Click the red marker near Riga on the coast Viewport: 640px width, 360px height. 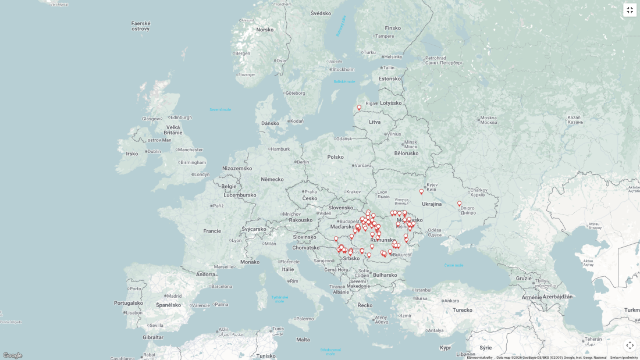coord(359,108)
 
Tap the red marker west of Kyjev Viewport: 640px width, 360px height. coord(422,191)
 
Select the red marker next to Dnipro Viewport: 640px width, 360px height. coord(459,204)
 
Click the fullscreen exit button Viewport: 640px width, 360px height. coord(630,10)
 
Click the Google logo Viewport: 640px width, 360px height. coord(12,355)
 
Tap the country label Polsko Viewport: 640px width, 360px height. coord(336,156)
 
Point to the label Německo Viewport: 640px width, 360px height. coord(272,179)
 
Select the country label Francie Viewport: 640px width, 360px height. coord(212,231)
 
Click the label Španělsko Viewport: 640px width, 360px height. coord(168,305)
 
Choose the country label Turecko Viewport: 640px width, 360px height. coord(463,310)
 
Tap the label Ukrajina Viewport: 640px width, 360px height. coord(432,204)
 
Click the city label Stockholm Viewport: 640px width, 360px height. coord(343,69)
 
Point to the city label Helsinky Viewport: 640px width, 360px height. coord(393,56)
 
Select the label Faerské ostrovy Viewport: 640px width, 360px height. coord(141,26)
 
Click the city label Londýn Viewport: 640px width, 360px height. coord(201,174)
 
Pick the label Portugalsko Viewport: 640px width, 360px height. coord(129,303)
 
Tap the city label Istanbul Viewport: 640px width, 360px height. coord(423,290)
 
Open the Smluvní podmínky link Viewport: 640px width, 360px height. coord(624,358)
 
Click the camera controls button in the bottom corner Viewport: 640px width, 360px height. coord(630,345)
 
